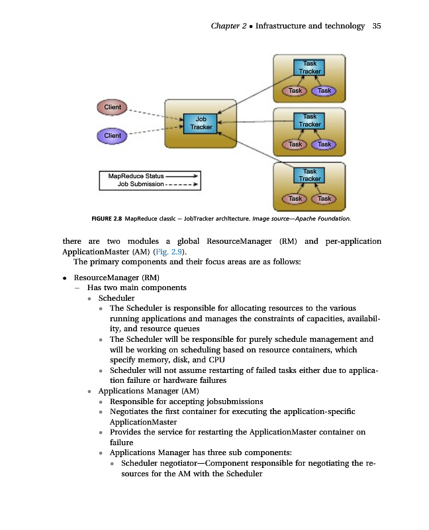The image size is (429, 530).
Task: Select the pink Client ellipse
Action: [x=113, y=107]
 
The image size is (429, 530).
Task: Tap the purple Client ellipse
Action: [x=113, y=136]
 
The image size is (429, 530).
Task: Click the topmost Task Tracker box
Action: [x=310, y=67]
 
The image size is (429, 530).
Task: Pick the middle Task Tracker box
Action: [x=310, y=121]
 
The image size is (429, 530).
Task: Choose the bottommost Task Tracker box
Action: [x=310, y=175]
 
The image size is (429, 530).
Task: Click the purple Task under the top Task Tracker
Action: [x=324, y=91]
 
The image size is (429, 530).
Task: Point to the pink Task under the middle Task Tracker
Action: [x=295, y=144]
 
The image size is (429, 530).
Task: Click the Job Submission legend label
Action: [x=140, y=184]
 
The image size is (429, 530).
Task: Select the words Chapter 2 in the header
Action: [x=228, y=26]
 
